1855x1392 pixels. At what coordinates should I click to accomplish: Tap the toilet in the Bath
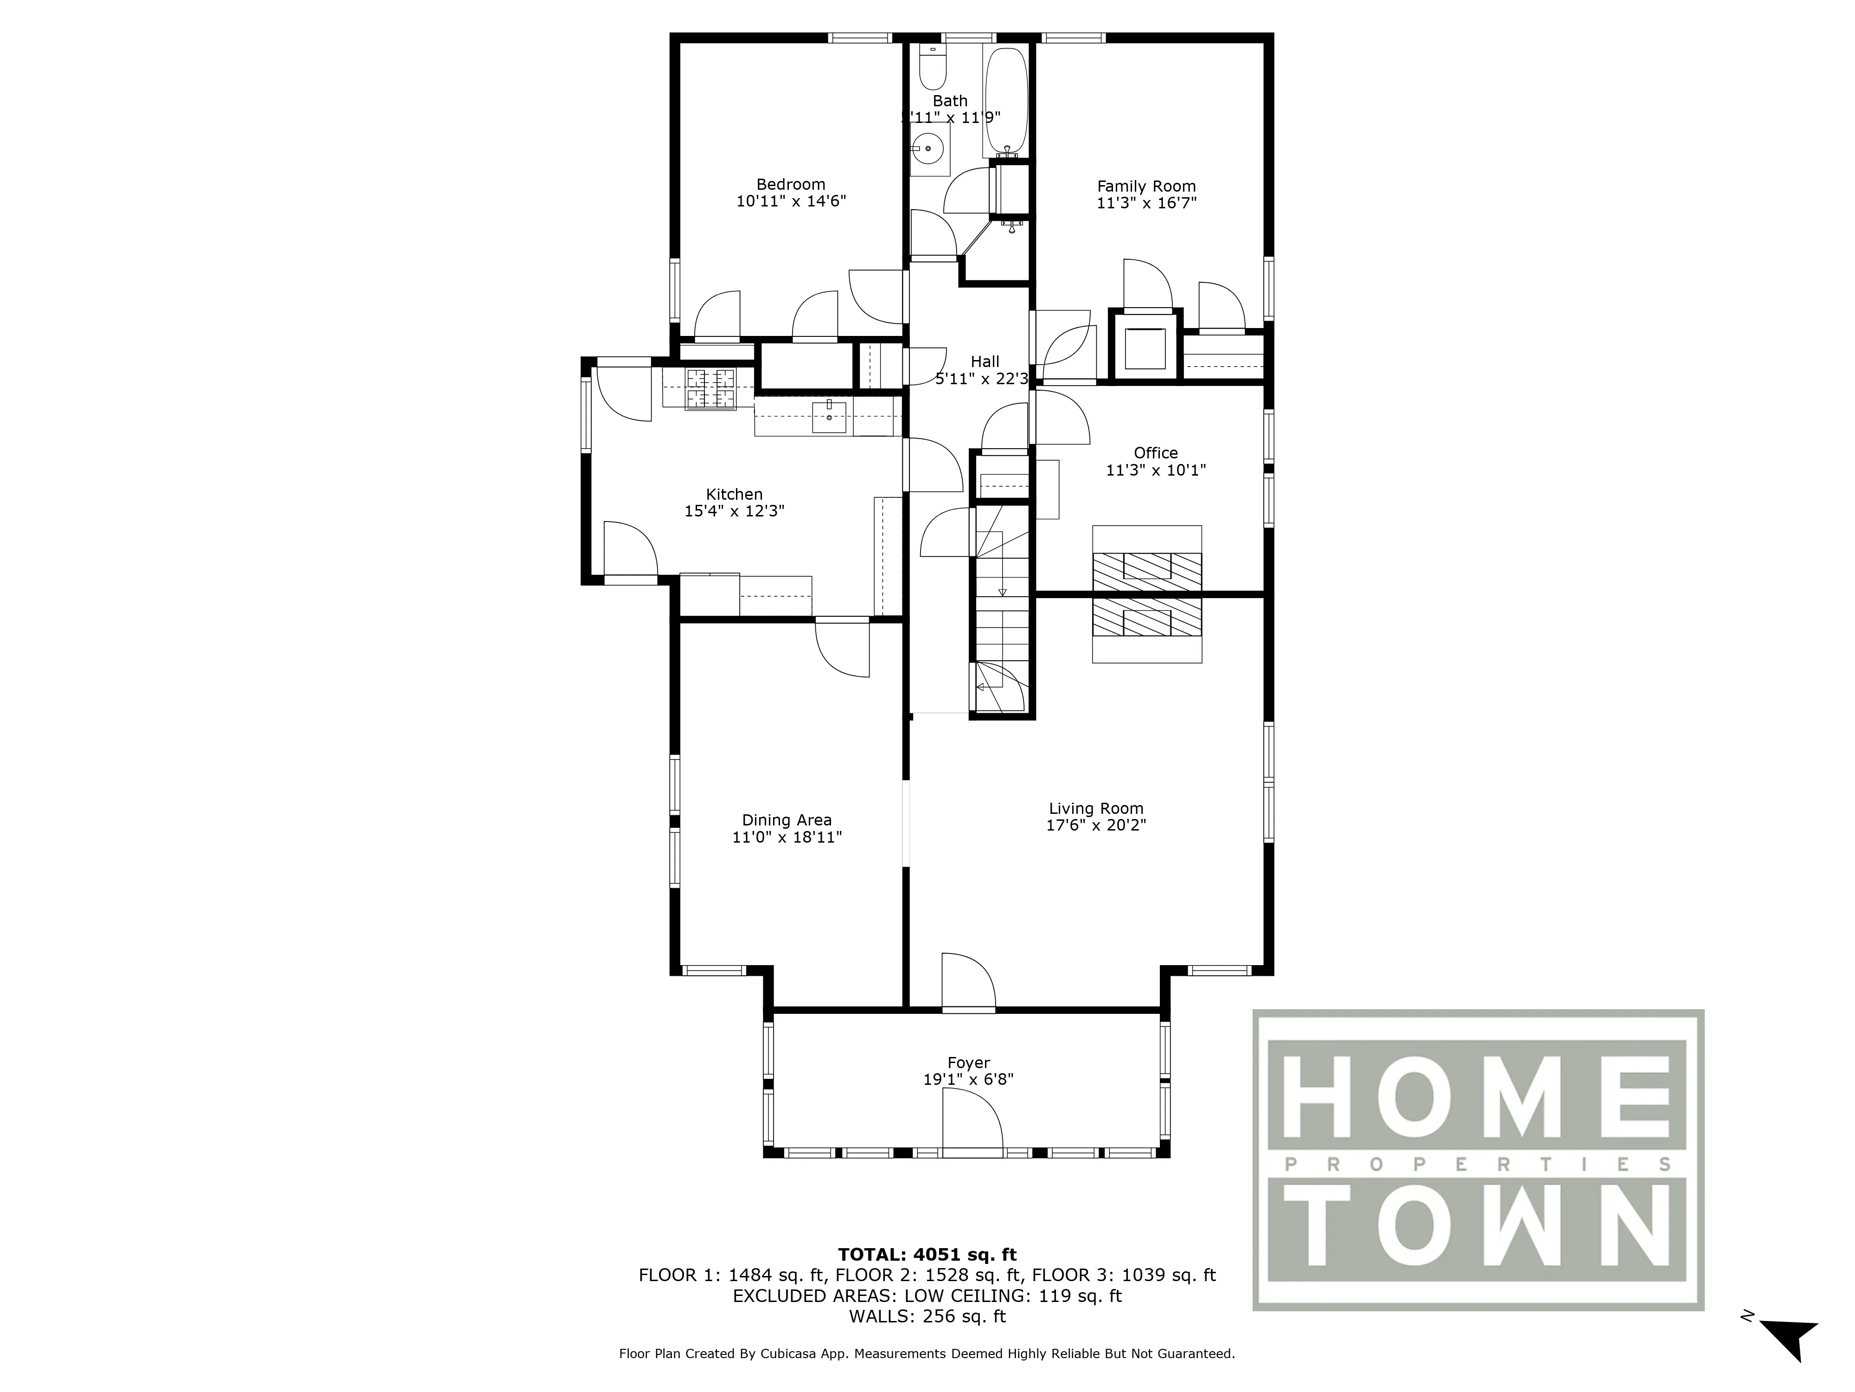click(932, 69)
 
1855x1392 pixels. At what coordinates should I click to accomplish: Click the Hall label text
click(985, 361)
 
